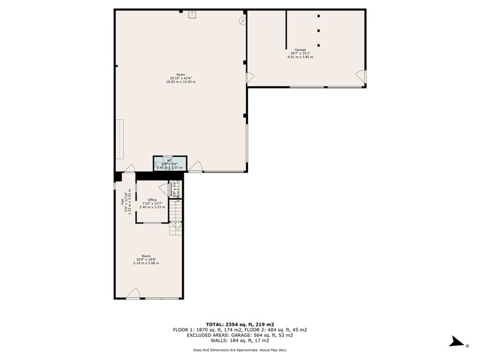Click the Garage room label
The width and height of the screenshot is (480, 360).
tap(300, 50)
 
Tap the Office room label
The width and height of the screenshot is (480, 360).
tap(152, 200)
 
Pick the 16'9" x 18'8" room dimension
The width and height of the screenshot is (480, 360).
tap(146, 260)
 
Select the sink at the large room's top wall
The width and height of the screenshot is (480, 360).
tap(192, 13)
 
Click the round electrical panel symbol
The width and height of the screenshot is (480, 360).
tap(242, 20)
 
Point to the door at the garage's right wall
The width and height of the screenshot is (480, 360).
tap(361, 77)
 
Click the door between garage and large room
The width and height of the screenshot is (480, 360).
tap(250, 78)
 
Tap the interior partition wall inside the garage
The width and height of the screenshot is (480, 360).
tap(287, 29)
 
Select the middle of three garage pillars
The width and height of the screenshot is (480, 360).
tap(318, 30)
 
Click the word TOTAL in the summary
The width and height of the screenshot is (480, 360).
tap(214, 323)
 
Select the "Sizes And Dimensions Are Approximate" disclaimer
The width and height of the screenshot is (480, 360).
tap(239, 350)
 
